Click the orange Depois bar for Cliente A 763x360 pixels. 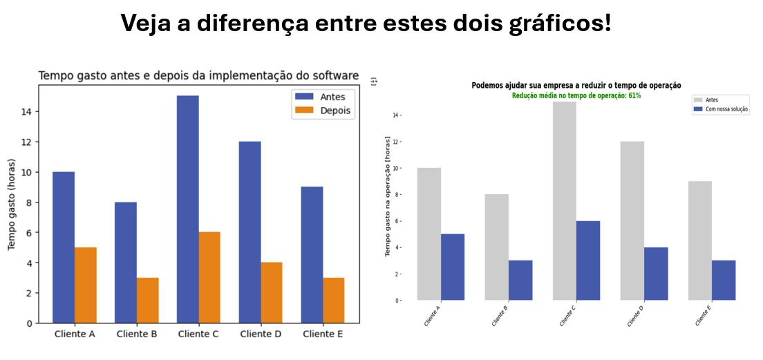tap(85, 285)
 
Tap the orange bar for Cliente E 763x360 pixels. tap(333, 300)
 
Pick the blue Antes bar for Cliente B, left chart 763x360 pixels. tap(126, 262)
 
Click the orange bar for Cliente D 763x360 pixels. tap(271, 292)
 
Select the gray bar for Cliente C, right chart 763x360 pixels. tap(565, 200)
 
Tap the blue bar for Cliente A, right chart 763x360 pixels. tap(453, 267)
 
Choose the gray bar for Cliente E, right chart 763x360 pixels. tap(700, 240)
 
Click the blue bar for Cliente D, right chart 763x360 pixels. tap(656, 273)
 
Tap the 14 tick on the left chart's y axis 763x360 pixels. tap(24, 112)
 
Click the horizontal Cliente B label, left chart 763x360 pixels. tap(137, 334)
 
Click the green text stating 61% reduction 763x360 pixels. tap(576, 95)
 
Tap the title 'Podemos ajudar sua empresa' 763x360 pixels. tap(576, 85)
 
